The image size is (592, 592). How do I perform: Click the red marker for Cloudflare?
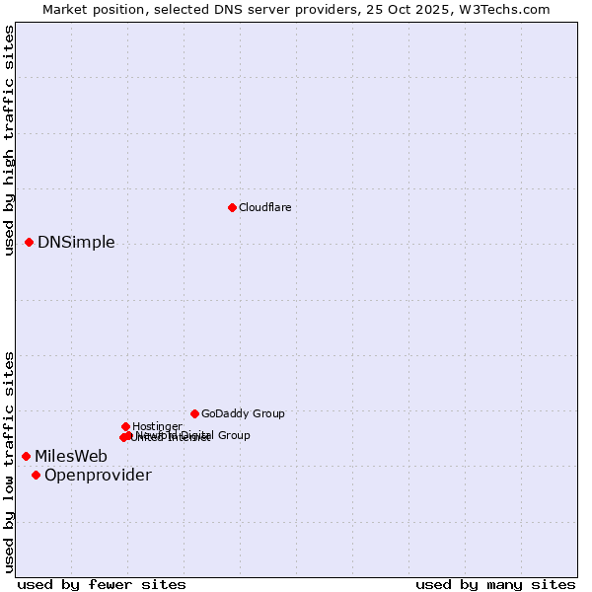point(232,207)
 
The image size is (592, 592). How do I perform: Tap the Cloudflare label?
point(264,207)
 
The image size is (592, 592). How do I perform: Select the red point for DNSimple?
point(29,242)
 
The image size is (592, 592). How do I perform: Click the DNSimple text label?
point(76,243)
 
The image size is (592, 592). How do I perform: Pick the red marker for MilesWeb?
point(26,456)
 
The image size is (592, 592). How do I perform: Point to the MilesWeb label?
point(71,456)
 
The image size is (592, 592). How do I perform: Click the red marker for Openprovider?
point(36,475)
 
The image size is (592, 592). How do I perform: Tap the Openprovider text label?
point(98,476)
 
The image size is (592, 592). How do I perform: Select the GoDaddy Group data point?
point(194,413)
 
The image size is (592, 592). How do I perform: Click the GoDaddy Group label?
point(243,413)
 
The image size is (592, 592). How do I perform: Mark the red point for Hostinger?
point(125,426)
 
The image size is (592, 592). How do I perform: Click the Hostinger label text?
point(157,426)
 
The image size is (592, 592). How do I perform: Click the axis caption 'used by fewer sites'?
point(102,584)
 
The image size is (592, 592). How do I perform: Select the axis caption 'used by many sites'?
point(495,584)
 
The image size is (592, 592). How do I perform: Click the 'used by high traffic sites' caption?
point(9,140)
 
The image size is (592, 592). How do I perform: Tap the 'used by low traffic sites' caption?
point(9,462)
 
